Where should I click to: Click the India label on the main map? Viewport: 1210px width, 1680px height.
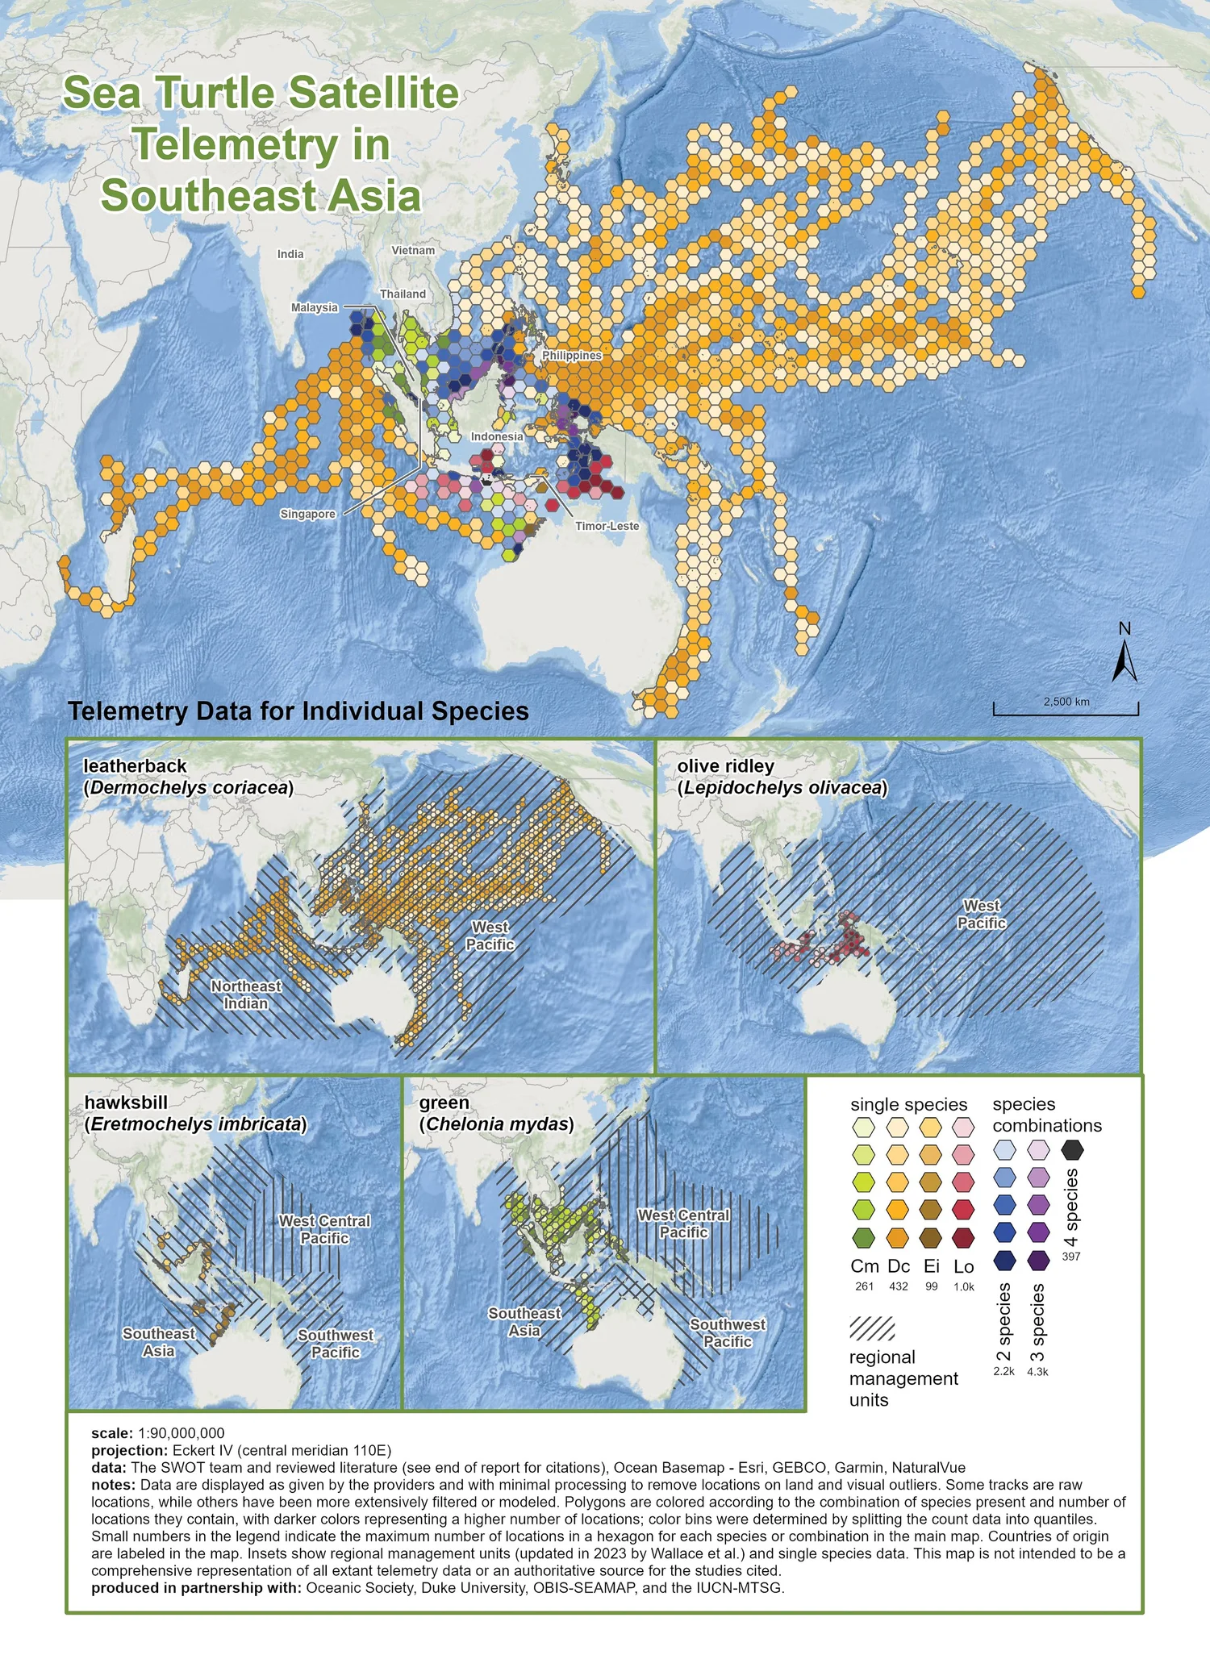[290, 254]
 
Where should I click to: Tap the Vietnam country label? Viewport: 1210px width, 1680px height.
[413, 250]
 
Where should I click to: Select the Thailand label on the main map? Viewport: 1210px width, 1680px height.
[403, 294]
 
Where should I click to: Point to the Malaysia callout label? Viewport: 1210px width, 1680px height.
[315, 307]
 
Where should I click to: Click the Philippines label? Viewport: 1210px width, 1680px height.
[572, 355]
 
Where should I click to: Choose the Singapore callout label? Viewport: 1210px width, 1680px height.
[307, 514]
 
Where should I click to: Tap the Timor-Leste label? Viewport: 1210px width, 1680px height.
[607, 526]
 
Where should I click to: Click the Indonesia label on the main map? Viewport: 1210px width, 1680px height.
[497, 436]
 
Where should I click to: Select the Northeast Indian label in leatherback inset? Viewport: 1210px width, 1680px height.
[246, 994]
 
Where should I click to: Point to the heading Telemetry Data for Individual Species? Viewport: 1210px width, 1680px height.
[298, 711]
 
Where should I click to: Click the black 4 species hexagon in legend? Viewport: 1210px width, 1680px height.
[1072, 1149]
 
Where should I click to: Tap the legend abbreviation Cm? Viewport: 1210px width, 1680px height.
[864, 1266]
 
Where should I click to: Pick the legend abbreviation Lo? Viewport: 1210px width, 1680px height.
[963, 1266]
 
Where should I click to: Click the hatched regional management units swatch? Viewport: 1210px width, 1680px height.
[872, 1328]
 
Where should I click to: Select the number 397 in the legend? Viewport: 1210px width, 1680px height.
[1071, 1257]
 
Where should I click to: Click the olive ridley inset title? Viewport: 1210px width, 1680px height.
[781, 777]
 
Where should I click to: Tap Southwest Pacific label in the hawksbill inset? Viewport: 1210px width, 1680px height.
[336, 1343]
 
